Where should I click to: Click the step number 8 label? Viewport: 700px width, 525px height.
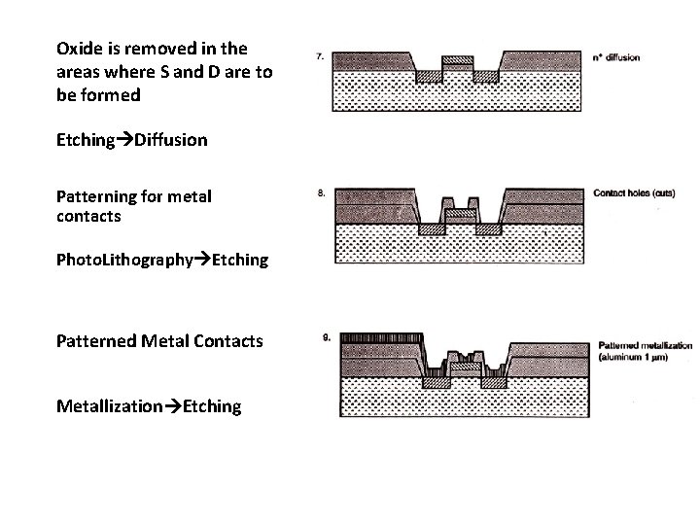321,192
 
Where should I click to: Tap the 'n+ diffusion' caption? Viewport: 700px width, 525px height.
615,57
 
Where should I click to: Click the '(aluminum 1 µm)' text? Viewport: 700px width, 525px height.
631,357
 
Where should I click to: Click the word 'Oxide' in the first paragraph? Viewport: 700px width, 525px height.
79,48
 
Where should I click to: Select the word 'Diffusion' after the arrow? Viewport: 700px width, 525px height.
171,140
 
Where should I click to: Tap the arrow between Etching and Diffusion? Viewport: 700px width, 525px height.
124,140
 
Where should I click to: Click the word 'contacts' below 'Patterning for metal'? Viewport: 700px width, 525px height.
88,216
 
